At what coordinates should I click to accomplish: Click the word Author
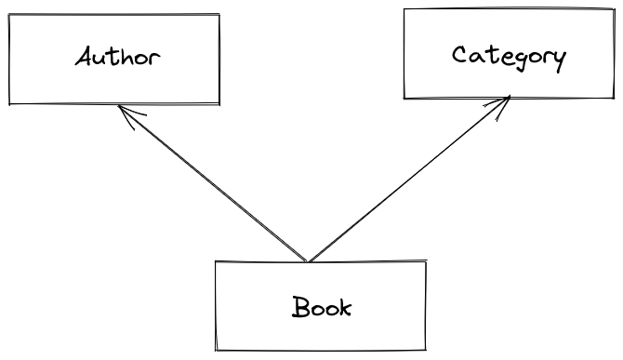117,57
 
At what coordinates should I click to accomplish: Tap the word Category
508,56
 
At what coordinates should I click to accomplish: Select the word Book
322,306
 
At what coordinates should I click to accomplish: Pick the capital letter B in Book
299,306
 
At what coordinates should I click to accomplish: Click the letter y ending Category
557,59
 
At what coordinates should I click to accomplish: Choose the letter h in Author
127,56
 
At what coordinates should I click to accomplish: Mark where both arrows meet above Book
308,261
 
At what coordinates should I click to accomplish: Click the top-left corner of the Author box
9,15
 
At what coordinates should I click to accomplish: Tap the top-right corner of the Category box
614,9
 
